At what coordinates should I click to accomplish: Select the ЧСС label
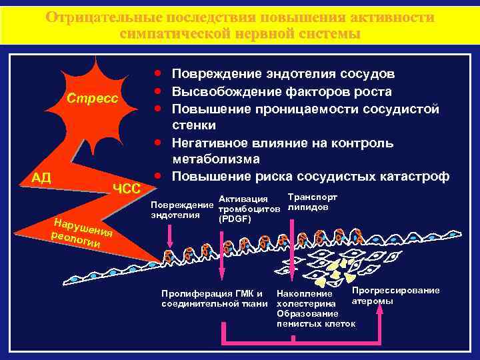tap(126, 189)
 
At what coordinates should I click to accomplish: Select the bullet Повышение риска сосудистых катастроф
tap(311, 177)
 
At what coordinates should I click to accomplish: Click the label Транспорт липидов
tap(312, 202)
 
